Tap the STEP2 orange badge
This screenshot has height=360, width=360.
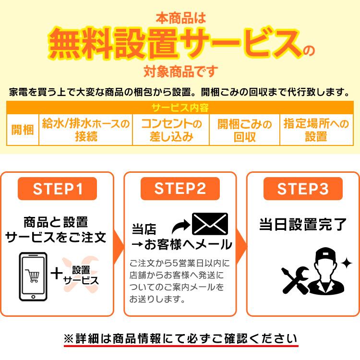click(x=180, y=189)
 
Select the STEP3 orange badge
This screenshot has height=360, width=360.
click(x=303, y=189)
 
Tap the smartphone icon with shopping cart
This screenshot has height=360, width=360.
click(x=34, y=276)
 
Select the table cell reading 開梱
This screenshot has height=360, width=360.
click(x=23, y=130)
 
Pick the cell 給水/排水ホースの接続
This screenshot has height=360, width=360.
click(x=85, y=130)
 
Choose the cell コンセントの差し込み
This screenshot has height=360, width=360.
click(x=171, y=130)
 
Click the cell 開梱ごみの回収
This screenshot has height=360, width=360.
click(x=244, y=130)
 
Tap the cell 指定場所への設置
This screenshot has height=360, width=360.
click(x=316, y=130)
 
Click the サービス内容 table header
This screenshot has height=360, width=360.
click(x=180, y=108)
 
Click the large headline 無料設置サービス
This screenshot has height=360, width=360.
click(x=175, y=44)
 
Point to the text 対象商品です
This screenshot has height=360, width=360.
click(x=180, y=72)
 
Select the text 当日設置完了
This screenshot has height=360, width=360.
click(x=303, y=224)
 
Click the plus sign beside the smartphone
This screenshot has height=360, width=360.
click(x=57, y=274)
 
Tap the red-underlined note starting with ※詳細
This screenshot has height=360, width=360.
click(x=180, y=338)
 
